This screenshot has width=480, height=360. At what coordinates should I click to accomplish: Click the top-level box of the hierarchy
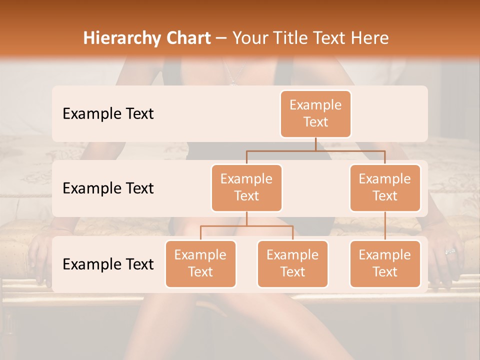coord(315,114)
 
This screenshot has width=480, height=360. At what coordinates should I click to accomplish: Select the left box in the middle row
coord(246,187)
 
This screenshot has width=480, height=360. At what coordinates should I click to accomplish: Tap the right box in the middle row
coord(385,187)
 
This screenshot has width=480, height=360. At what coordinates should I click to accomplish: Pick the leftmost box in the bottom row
coord(200,263)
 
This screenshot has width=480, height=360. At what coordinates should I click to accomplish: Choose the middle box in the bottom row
coord(292,263)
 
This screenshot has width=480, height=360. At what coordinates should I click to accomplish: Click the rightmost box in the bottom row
coord(385,263)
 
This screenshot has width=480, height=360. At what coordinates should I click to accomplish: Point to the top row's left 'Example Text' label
coord(108,113)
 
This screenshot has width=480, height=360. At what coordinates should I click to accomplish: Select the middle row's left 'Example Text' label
coord(108,188)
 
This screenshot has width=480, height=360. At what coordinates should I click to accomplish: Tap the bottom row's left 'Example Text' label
coord(108,264)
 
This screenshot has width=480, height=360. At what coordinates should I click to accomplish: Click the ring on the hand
coord(450,251)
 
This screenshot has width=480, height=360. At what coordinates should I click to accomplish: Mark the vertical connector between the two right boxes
coord(385,226)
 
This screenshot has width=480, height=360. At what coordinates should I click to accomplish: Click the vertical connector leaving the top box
coord(315,144)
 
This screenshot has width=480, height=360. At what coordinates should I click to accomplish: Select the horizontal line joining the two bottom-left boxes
coord(246,226)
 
